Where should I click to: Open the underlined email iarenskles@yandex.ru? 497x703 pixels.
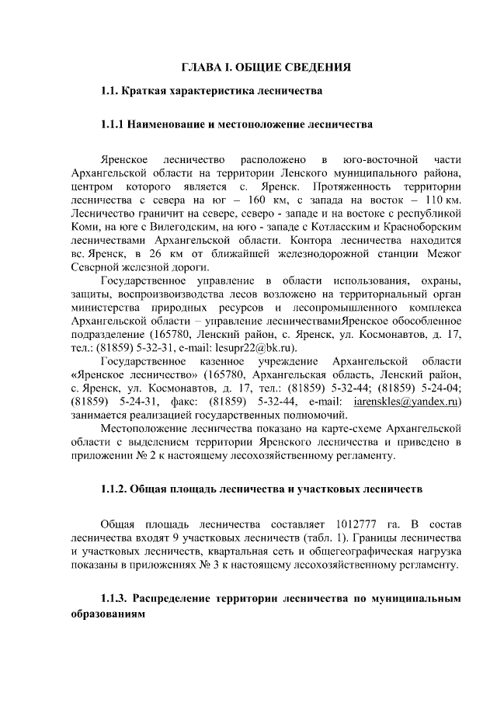click(417, 402)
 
